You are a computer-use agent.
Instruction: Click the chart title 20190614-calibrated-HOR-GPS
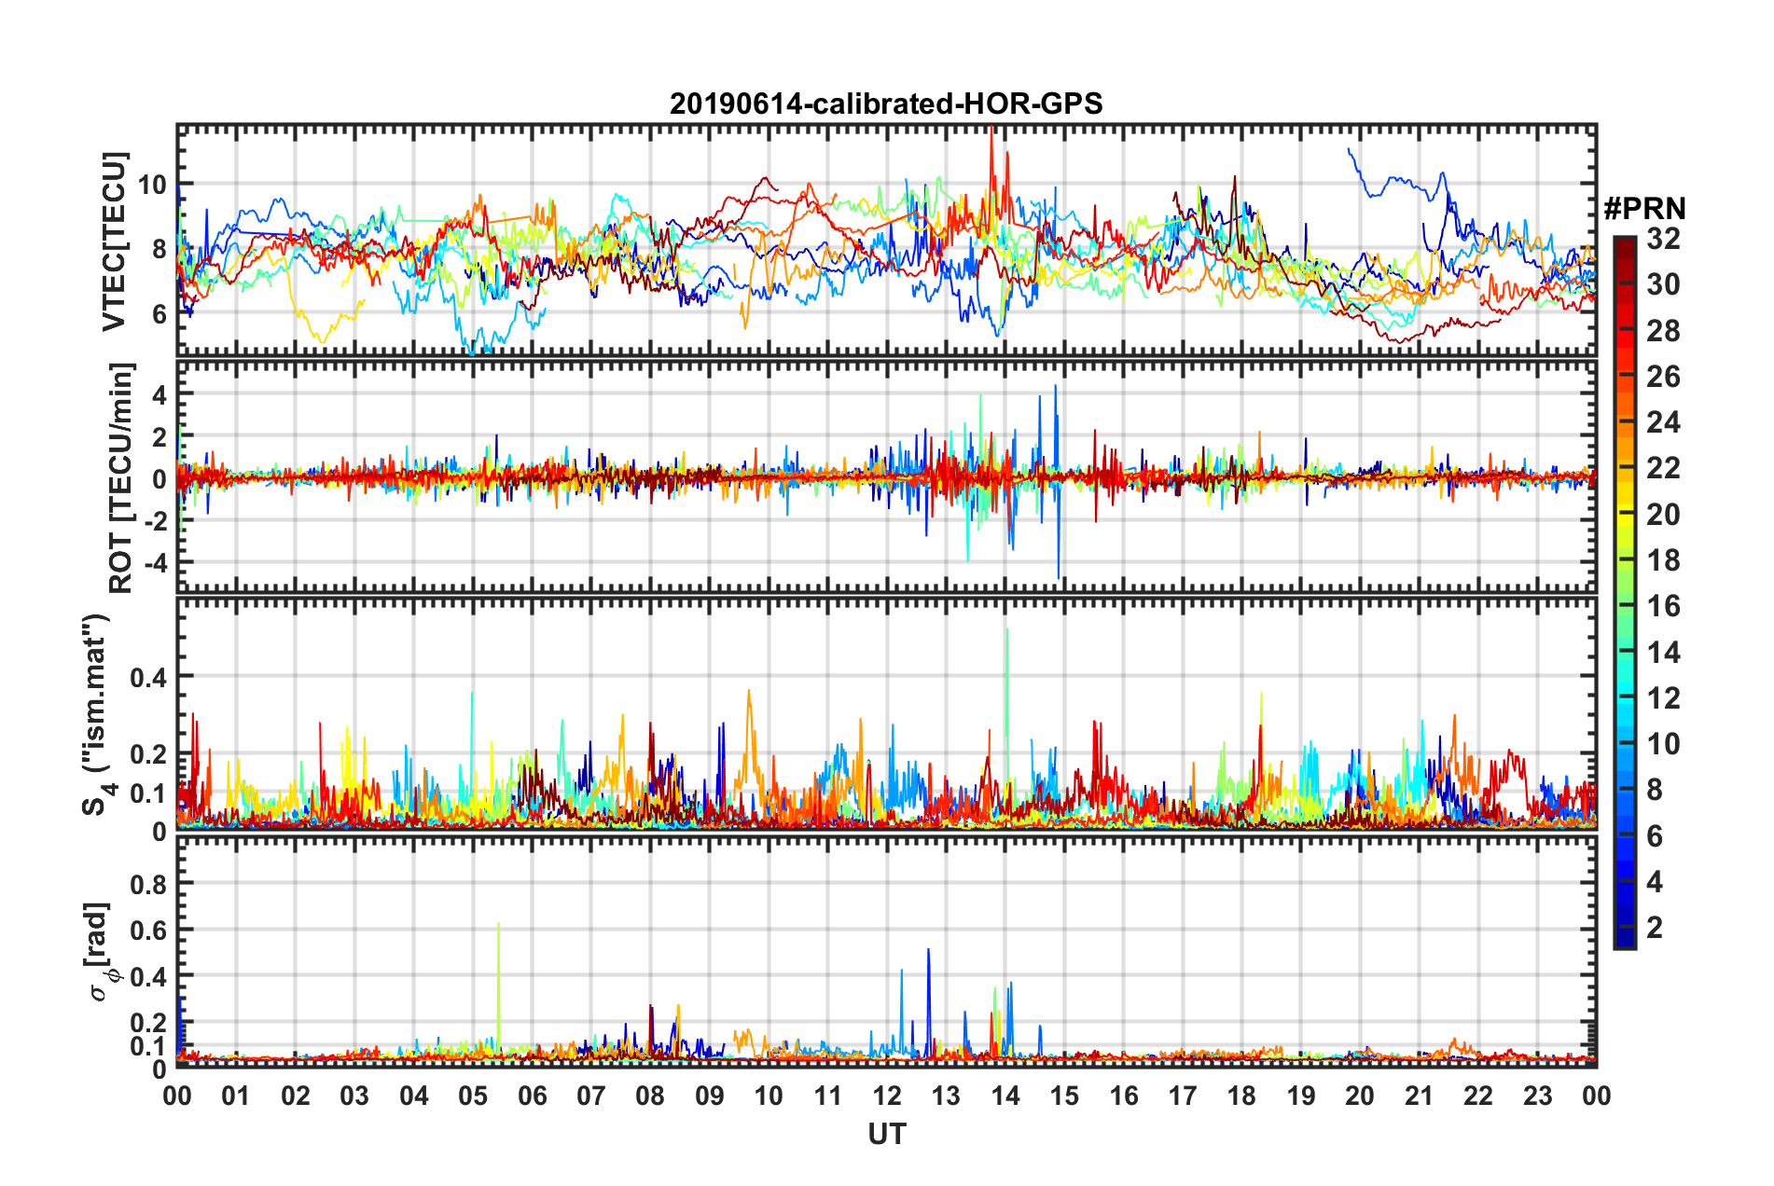886,103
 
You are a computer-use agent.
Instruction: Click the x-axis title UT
886,1134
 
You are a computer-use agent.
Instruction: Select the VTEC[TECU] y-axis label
114,241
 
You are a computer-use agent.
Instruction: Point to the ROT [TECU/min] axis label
120,478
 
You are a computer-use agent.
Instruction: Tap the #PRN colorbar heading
1644,209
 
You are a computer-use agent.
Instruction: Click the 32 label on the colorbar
1663,239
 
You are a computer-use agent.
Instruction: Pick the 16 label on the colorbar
1663,606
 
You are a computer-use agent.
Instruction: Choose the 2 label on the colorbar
1655,927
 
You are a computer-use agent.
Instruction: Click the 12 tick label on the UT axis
887,1096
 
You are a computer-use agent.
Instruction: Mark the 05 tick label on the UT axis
473,1096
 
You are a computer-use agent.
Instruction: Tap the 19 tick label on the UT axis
1301,1096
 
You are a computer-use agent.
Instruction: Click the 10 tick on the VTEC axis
152,185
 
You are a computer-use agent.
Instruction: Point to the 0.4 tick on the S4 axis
148,677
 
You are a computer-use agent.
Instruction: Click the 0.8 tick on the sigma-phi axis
148,884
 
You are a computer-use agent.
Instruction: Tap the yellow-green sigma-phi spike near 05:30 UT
499,926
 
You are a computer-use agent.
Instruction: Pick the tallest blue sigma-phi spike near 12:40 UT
928,952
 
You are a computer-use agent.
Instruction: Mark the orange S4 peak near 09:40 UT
748,693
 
